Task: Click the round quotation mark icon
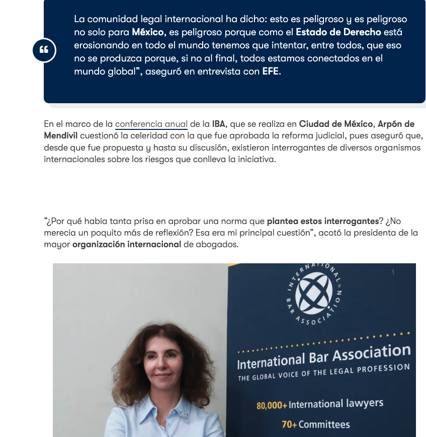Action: click(44, 50)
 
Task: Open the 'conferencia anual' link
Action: click(151, 124)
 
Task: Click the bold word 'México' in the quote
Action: click(148, 32)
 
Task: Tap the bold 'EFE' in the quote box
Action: click(271, 71)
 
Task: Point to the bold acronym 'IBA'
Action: click(219, 124)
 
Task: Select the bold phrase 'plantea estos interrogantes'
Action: click(323, 221)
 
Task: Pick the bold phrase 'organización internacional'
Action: click(127, 245)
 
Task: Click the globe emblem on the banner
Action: click(314, 293)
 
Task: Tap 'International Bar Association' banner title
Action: click(323, 356)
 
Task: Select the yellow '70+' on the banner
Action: click(289, 425)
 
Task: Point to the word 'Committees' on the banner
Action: click(324, 424)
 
